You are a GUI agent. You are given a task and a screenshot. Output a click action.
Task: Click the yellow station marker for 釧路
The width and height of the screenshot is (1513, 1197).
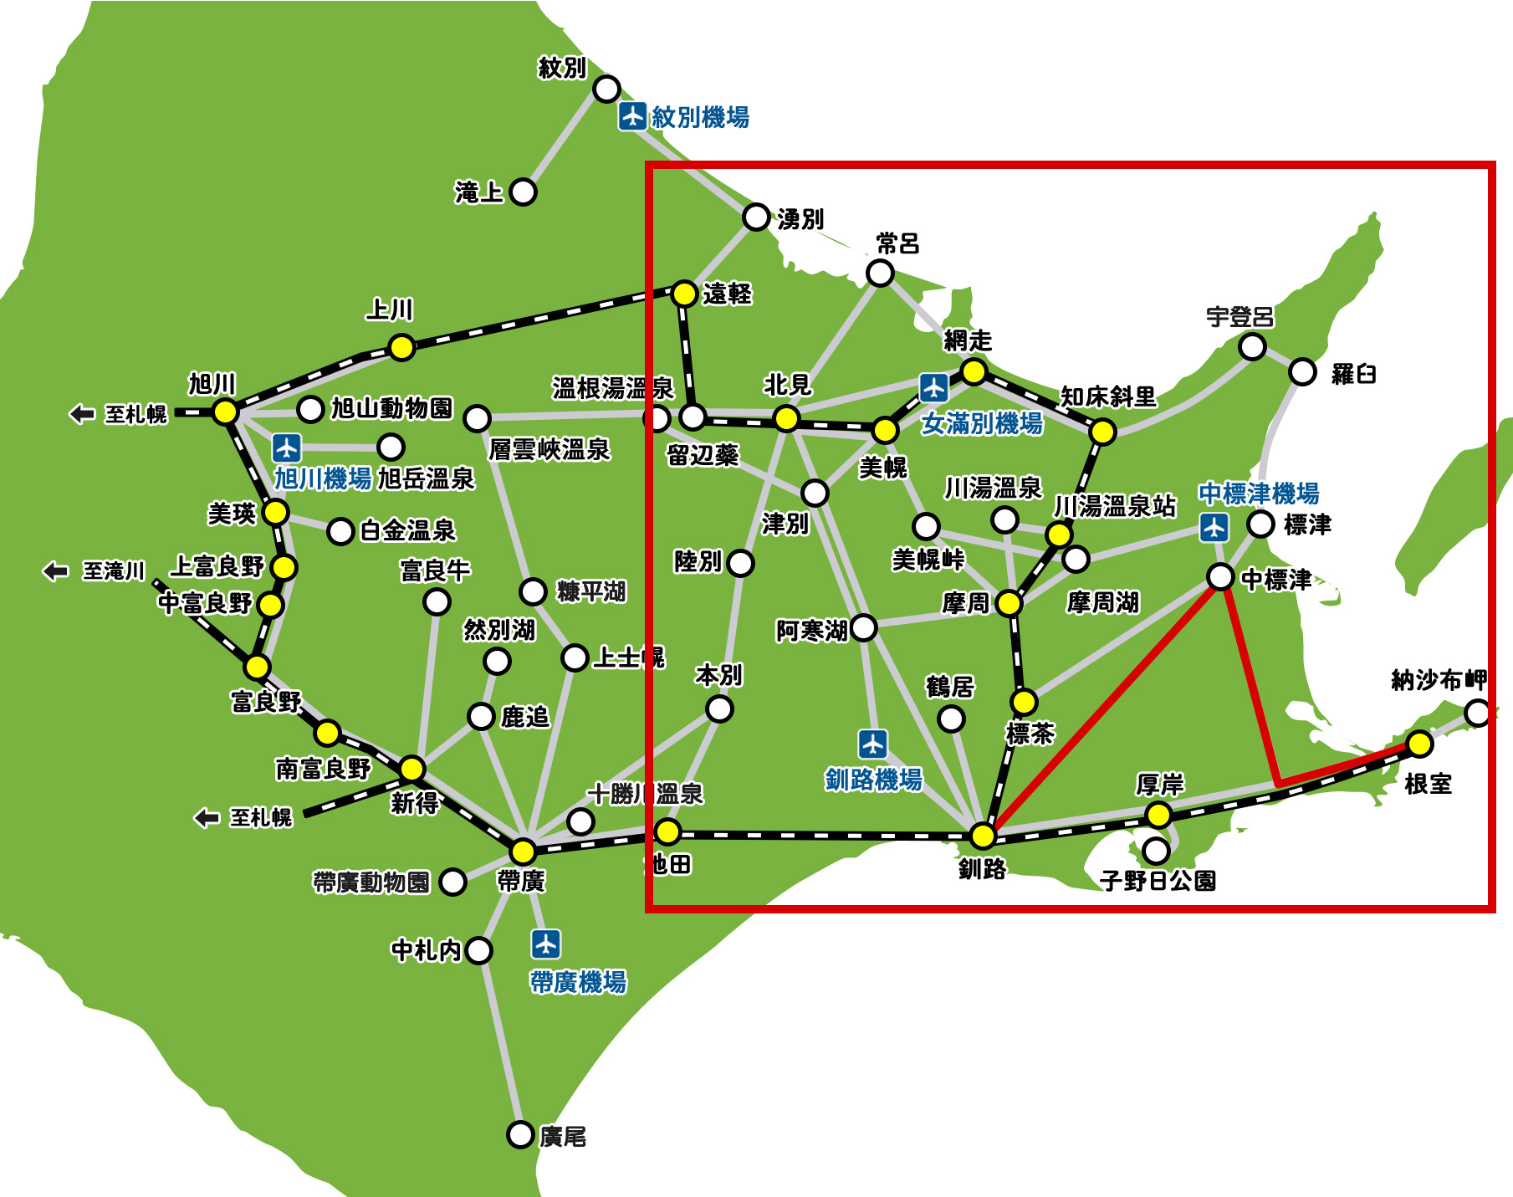pos(983,835)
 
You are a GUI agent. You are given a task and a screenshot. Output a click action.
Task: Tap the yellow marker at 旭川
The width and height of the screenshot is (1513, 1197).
pos(225,412)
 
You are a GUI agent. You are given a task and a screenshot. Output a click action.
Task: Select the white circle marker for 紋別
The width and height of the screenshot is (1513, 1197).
pos(606,88)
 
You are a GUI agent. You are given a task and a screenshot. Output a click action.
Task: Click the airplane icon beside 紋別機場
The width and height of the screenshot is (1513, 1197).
pos(632,116)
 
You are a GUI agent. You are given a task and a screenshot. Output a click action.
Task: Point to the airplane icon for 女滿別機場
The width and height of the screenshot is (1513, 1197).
pos(933,387)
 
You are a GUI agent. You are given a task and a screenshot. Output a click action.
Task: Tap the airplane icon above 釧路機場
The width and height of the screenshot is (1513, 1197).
pos(872,744)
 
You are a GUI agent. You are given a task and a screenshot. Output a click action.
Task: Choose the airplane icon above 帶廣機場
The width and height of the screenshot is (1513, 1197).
pos(545,944)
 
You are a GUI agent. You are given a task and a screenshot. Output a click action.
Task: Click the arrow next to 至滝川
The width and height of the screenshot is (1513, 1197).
pos(55,571)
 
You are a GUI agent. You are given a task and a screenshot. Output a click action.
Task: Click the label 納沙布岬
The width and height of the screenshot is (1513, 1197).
pos(1439,680)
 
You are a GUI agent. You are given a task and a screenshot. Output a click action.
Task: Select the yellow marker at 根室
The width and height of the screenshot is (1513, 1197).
pos(1419,743)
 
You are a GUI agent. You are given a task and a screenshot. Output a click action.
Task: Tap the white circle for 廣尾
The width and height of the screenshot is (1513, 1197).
pos(520,1134)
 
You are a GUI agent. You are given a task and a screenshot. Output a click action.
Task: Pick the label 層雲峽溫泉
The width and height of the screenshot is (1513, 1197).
pos(549,450)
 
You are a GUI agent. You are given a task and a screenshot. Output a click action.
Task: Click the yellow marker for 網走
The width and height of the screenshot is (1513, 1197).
pos(973,371)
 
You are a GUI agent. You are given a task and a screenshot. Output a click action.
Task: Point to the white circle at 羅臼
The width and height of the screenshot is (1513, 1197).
pos(1302,371)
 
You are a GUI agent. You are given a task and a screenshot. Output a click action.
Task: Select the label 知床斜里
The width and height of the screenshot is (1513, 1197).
pos(1108,396)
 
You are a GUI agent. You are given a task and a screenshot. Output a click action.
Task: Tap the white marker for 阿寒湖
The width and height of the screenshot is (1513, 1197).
pos(863,627)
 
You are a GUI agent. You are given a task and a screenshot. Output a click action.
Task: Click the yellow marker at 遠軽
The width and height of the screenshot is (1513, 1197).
pos(684,294)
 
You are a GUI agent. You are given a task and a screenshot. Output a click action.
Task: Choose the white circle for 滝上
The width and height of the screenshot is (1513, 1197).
pos(523,192)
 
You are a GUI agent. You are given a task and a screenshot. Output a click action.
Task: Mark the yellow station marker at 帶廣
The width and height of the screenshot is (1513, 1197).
pos(523,851)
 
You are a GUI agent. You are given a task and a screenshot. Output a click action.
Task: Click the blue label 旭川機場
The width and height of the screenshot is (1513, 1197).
pos(323,478)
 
